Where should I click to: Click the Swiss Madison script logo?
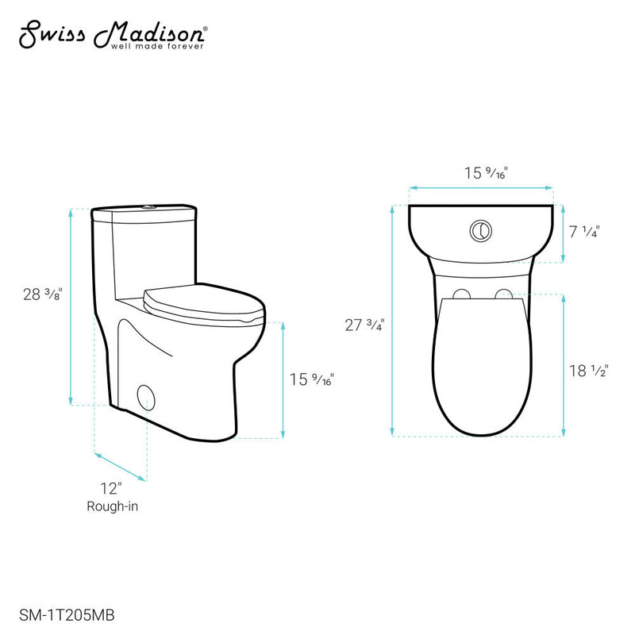(111, 34)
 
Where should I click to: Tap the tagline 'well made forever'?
(163, 47)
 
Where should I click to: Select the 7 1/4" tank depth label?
(585, 232)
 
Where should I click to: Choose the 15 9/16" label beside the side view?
(311, 379)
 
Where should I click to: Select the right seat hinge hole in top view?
(503, 294)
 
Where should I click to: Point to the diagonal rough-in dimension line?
(121, 467)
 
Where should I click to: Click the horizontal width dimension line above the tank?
(481, 189)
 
